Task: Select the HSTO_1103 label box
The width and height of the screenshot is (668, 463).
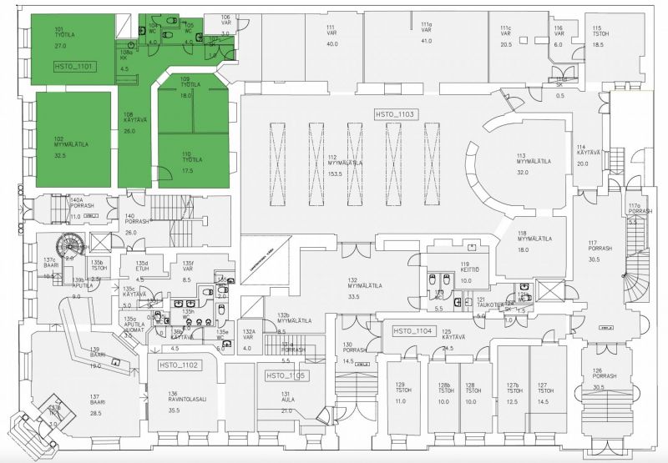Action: point(396,113)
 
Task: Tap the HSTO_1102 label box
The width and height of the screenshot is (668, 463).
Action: point(177,365)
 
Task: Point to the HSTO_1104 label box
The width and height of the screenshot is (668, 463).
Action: point(412,331)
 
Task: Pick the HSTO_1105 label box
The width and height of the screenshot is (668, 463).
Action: point(286,376)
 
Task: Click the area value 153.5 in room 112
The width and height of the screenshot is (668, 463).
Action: point(335,172)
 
